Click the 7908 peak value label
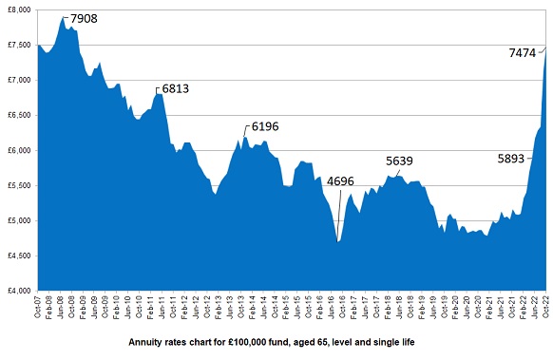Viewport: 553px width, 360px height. [x=84, y=19]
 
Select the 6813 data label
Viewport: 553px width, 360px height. [x=176, y=88]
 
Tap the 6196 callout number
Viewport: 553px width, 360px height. [x=264, y=126]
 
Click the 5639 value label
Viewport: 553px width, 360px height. [x=400, y=161]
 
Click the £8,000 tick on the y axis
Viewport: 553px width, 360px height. [x=18, y=9]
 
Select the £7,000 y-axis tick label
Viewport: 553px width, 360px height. [x=18, y=80]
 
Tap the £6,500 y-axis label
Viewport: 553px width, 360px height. [x=18, y=115]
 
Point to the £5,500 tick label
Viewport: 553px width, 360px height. [x=18, y=185]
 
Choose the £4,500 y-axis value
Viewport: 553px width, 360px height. [x=18, y=256]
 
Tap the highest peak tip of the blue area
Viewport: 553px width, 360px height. [x=63, y=17]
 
